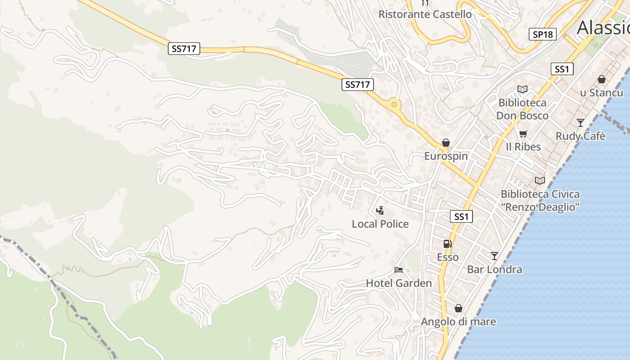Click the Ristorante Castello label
[x=425, y=14]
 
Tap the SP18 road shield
[x=542, y=34]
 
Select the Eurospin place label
[x=446, y=156]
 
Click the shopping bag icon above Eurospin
[x=446, y=143]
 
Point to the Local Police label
[x=380, y=224]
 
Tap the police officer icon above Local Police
[x=380, y=210]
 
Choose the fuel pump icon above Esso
[x=447, y=244]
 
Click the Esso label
[x=448, y=257]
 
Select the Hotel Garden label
[x=399, y=283]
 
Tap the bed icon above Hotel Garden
[x=399, y=270]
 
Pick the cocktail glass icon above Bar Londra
[x=495, y=256]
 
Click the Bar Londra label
[x=495, y=270]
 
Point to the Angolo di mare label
[x=458, y=322]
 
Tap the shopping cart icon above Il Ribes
[x=523, y=134]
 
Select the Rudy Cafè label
[x=580, y=136]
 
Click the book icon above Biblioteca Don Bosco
[x=522, y=90]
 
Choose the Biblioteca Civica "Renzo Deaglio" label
[x=540, y=201]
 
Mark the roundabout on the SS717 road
[x=394, y=104]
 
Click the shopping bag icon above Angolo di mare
[x=458, y=308]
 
